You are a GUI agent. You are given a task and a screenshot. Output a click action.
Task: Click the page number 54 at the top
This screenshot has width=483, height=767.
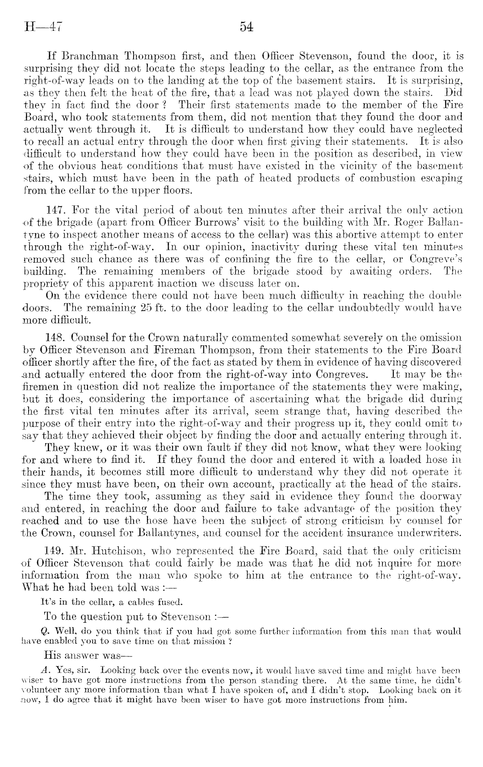(x=246, y=28)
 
